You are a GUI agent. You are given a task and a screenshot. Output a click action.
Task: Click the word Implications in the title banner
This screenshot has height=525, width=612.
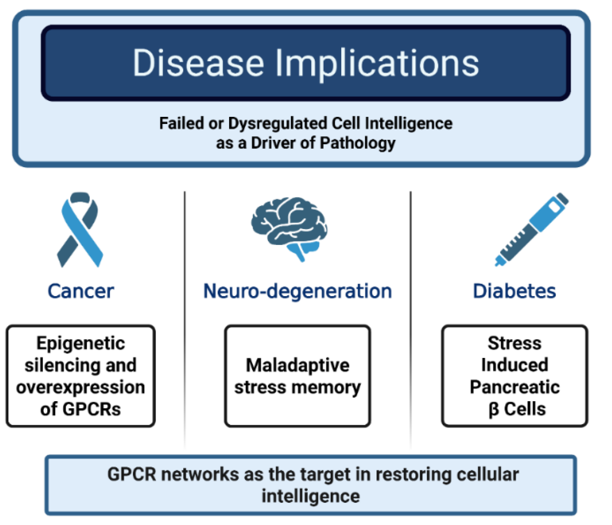coord(377,64)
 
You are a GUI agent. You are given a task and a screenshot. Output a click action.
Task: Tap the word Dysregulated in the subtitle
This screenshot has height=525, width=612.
coord(279,124)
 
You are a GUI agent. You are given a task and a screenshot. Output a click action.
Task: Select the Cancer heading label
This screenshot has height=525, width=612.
coord(81,291)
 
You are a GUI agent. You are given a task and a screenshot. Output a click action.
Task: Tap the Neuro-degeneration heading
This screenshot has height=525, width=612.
coord(297,291)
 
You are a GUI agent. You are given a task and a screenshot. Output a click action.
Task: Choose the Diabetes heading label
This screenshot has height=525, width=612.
coord(514,291)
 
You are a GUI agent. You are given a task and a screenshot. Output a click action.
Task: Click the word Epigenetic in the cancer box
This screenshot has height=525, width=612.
coord(81,343)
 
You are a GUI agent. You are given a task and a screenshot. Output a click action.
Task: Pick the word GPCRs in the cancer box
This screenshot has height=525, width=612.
coord(92,409)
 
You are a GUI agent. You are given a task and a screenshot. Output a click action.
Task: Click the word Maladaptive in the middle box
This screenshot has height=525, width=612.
coord(297,365)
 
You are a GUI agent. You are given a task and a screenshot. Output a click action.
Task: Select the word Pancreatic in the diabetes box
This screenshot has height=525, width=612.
coord(514,387)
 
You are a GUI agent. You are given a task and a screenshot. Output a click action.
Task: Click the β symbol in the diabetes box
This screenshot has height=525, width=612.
coord(494,410)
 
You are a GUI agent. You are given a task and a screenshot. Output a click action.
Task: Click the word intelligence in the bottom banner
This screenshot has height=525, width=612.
coord(310,496)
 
